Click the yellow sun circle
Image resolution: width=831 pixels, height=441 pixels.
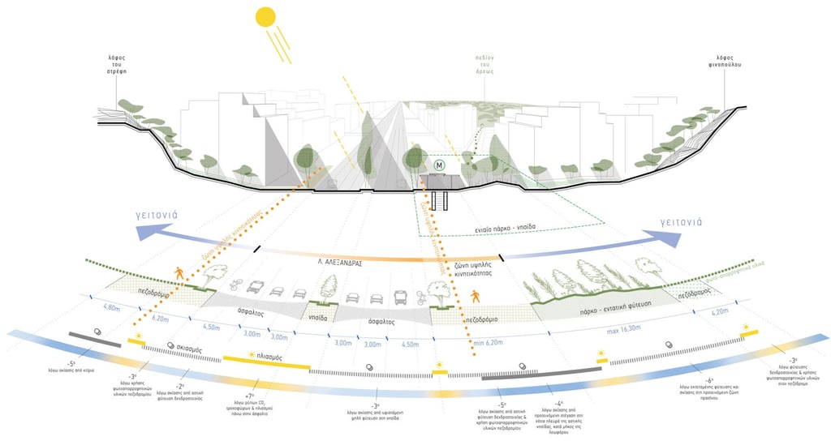point(265,18)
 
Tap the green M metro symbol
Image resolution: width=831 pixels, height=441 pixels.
point(439,165)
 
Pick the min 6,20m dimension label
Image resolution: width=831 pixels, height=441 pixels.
point(489,344)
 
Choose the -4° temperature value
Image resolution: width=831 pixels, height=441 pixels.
point(559,403)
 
